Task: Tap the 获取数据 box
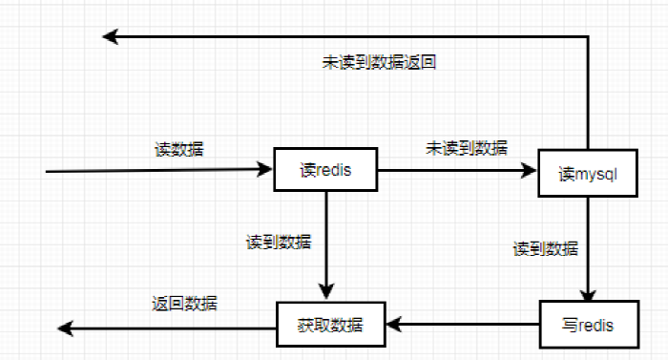pos(331,325)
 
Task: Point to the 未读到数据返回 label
pos(379,63)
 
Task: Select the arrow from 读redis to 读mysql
pos(449,170)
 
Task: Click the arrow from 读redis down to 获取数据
pos(327,239)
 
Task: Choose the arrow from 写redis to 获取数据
pos(458,326)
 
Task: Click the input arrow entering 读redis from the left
pos(153,171)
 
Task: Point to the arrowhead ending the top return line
pos(111,37)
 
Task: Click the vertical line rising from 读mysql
pos(588,95)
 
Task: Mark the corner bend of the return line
pos(588,37)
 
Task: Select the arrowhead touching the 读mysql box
pos(531,170)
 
